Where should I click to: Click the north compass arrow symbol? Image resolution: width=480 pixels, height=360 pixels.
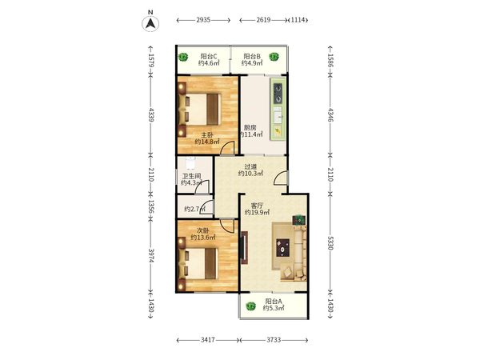[150, 23]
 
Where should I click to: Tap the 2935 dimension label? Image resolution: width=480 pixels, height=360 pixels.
[203, 20]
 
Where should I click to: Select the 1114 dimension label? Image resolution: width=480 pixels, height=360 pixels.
[298, 20]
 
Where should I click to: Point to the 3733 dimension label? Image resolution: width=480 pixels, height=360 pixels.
[274, 340]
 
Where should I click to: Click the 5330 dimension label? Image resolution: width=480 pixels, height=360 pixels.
[330, 242]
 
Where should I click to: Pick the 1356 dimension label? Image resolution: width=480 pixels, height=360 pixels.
[151, 206]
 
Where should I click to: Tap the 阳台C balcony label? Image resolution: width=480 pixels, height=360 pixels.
[209, 56]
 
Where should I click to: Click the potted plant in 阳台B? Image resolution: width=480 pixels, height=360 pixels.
[274, 57]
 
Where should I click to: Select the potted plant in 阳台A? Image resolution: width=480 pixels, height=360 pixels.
[250, 306]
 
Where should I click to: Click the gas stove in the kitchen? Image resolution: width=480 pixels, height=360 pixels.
[278, 94]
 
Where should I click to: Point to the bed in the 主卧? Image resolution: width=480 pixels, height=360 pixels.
[200, 110]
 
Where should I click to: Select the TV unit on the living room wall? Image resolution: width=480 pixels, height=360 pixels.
[244, 248]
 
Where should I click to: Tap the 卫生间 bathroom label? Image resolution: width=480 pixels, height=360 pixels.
[191, 176]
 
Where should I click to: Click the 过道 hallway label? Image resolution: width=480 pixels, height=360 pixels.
[250, 166]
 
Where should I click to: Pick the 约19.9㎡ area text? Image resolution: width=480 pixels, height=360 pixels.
[257, 212]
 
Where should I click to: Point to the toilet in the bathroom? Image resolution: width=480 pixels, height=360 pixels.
[190, 163]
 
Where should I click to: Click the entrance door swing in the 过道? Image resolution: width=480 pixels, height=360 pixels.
[281, 178]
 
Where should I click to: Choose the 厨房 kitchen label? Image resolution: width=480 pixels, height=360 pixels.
[250, 127]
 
